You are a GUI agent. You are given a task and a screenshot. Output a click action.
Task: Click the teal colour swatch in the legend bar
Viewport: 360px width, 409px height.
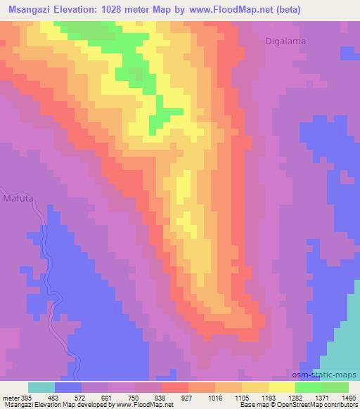[41, 387]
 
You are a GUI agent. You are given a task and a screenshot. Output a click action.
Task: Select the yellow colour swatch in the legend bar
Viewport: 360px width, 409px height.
[281, 387]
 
